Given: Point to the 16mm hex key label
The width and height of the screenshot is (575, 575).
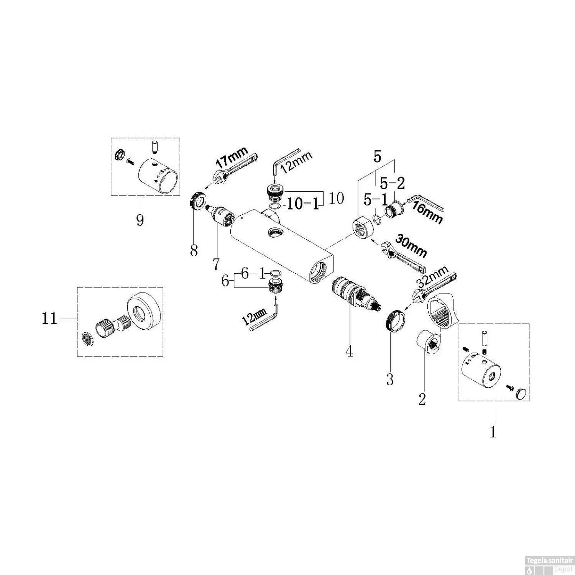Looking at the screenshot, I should [427, 214].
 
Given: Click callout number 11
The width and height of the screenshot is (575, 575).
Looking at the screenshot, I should [49, 319].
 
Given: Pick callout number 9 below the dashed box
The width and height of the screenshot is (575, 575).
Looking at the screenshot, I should [140, 220].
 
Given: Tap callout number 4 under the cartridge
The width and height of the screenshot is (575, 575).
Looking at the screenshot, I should [349, 351].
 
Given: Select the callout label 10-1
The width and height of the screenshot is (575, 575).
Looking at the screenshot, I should [303, 204].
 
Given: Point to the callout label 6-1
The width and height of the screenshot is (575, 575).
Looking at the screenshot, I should [253, 273].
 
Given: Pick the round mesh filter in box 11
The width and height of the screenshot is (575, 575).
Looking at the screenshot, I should [88, 338].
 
